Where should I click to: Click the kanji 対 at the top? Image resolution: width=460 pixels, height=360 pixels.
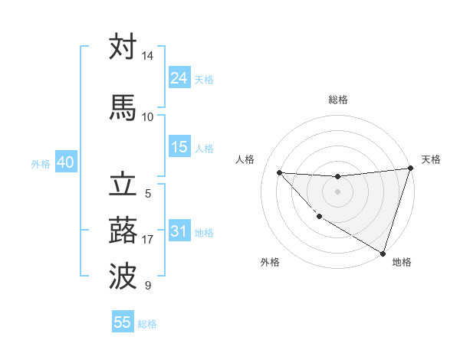coord(123,47)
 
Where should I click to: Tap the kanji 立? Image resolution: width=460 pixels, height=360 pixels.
coord(123,186)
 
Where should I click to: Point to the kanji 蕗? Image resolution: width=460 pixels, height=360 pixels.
coord(123,231)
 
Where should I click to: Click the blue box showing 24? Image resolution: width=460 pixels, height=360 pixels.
coord(179,78)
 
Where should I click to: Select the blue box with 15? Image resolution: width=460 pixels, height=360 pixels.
coord(179,147)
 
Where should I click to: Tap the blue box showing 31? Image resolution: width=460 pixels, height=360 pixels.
coord(179,231)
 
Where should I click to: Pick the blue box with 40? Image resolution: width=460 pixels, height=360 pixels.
coord(65,163)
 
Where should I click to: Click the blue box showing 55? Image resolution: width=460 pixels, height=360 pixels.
coord(123,322)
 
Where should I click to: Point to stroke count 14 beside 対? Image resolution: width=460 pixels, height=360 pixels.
coord(147,57)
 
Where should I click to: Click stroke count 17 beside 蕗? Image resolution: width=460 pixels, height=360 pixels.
coord(147,240)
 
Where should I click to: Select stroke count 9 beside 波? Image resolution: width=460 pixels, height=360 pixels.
coord(147,286)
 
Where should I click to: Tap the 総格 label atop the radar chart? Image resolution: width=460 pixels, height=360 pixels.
coord(337,100)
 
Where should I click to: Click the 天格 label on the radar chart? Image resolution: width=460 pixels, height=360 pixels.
coord(431,159)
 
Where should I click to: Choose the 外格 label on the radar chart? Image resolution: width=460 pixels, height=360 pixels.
coord(270,262)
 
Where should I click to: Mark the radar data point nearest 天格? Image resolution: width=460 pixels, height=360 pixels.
coord(410,169)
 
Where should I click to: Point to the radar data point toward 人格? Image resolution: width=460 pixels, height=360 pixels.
coord(279,172)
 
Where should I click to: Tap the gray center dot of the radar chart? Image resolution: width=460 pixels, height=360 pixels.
coord(337,191)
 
